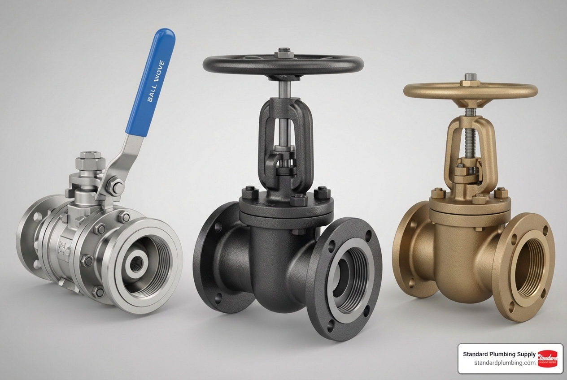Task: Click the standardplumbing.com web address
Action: pos(505,363)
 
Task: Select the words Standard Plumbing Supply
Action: pos(499,354)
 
